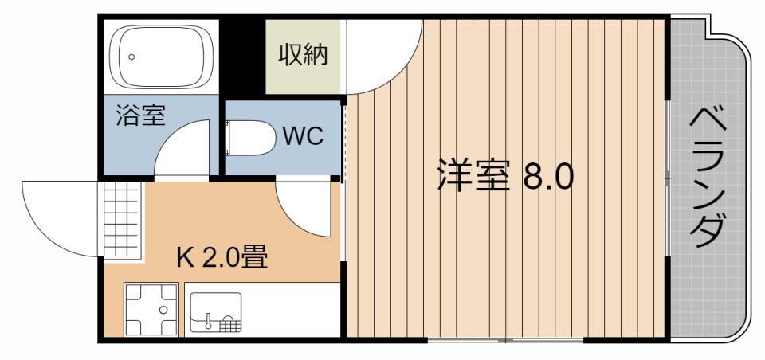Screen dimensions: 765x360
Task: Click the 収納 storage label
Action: tap(303, 55)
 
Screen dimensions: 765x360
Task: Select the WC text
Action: tap(303, 136)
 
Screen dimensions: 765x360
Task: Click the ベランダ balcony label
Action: tap(708, 178)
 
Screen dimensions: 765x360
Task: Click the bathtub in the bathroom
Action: tap(160, 57)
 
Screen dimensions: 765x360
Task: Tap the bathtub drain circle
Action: tap(131, 57)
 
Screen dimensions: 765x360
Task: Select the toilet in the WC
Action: tap(250, 138)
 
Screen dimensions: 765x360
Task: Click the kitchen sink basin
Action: tap(215, 311)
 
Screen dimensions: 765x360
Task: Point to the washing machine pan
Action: tap(151, 309)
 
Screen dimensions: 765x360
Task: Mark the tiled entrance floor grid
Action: tap(122, 219)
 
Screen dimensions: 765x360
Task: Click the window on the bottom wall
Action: tap(505, 340)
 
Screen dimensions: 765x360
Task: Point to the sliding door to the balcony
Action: tap(668, 178)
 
